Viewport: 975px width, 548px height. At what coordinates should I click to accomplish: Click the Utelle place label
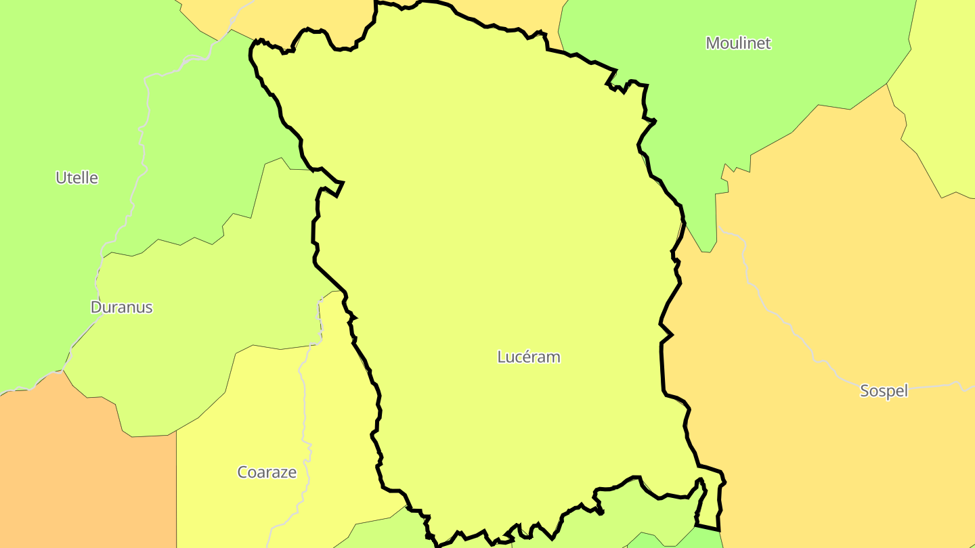(x=77, y=178)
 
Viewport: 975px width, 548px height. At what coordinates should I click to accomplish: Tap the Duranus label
(x=122, y=307)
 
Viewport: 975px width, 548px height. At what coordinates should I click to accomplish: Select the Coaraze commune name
(x=267, y=472)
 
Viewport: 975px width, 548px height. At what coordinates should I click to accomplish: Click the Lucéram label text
(x=529, y=357)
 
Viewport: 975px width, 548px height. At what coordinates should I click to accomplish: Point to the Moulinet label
(x=738, y=43)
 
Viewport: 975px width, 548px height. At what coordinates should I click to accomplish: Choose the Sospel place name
(x=884, y=390)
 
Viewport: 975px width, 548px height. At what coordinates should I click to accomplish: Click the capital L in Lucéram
(x=502, y=357)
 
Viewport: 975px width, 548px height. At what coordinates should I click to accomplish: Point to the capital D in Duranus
(x=95, y=307)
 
